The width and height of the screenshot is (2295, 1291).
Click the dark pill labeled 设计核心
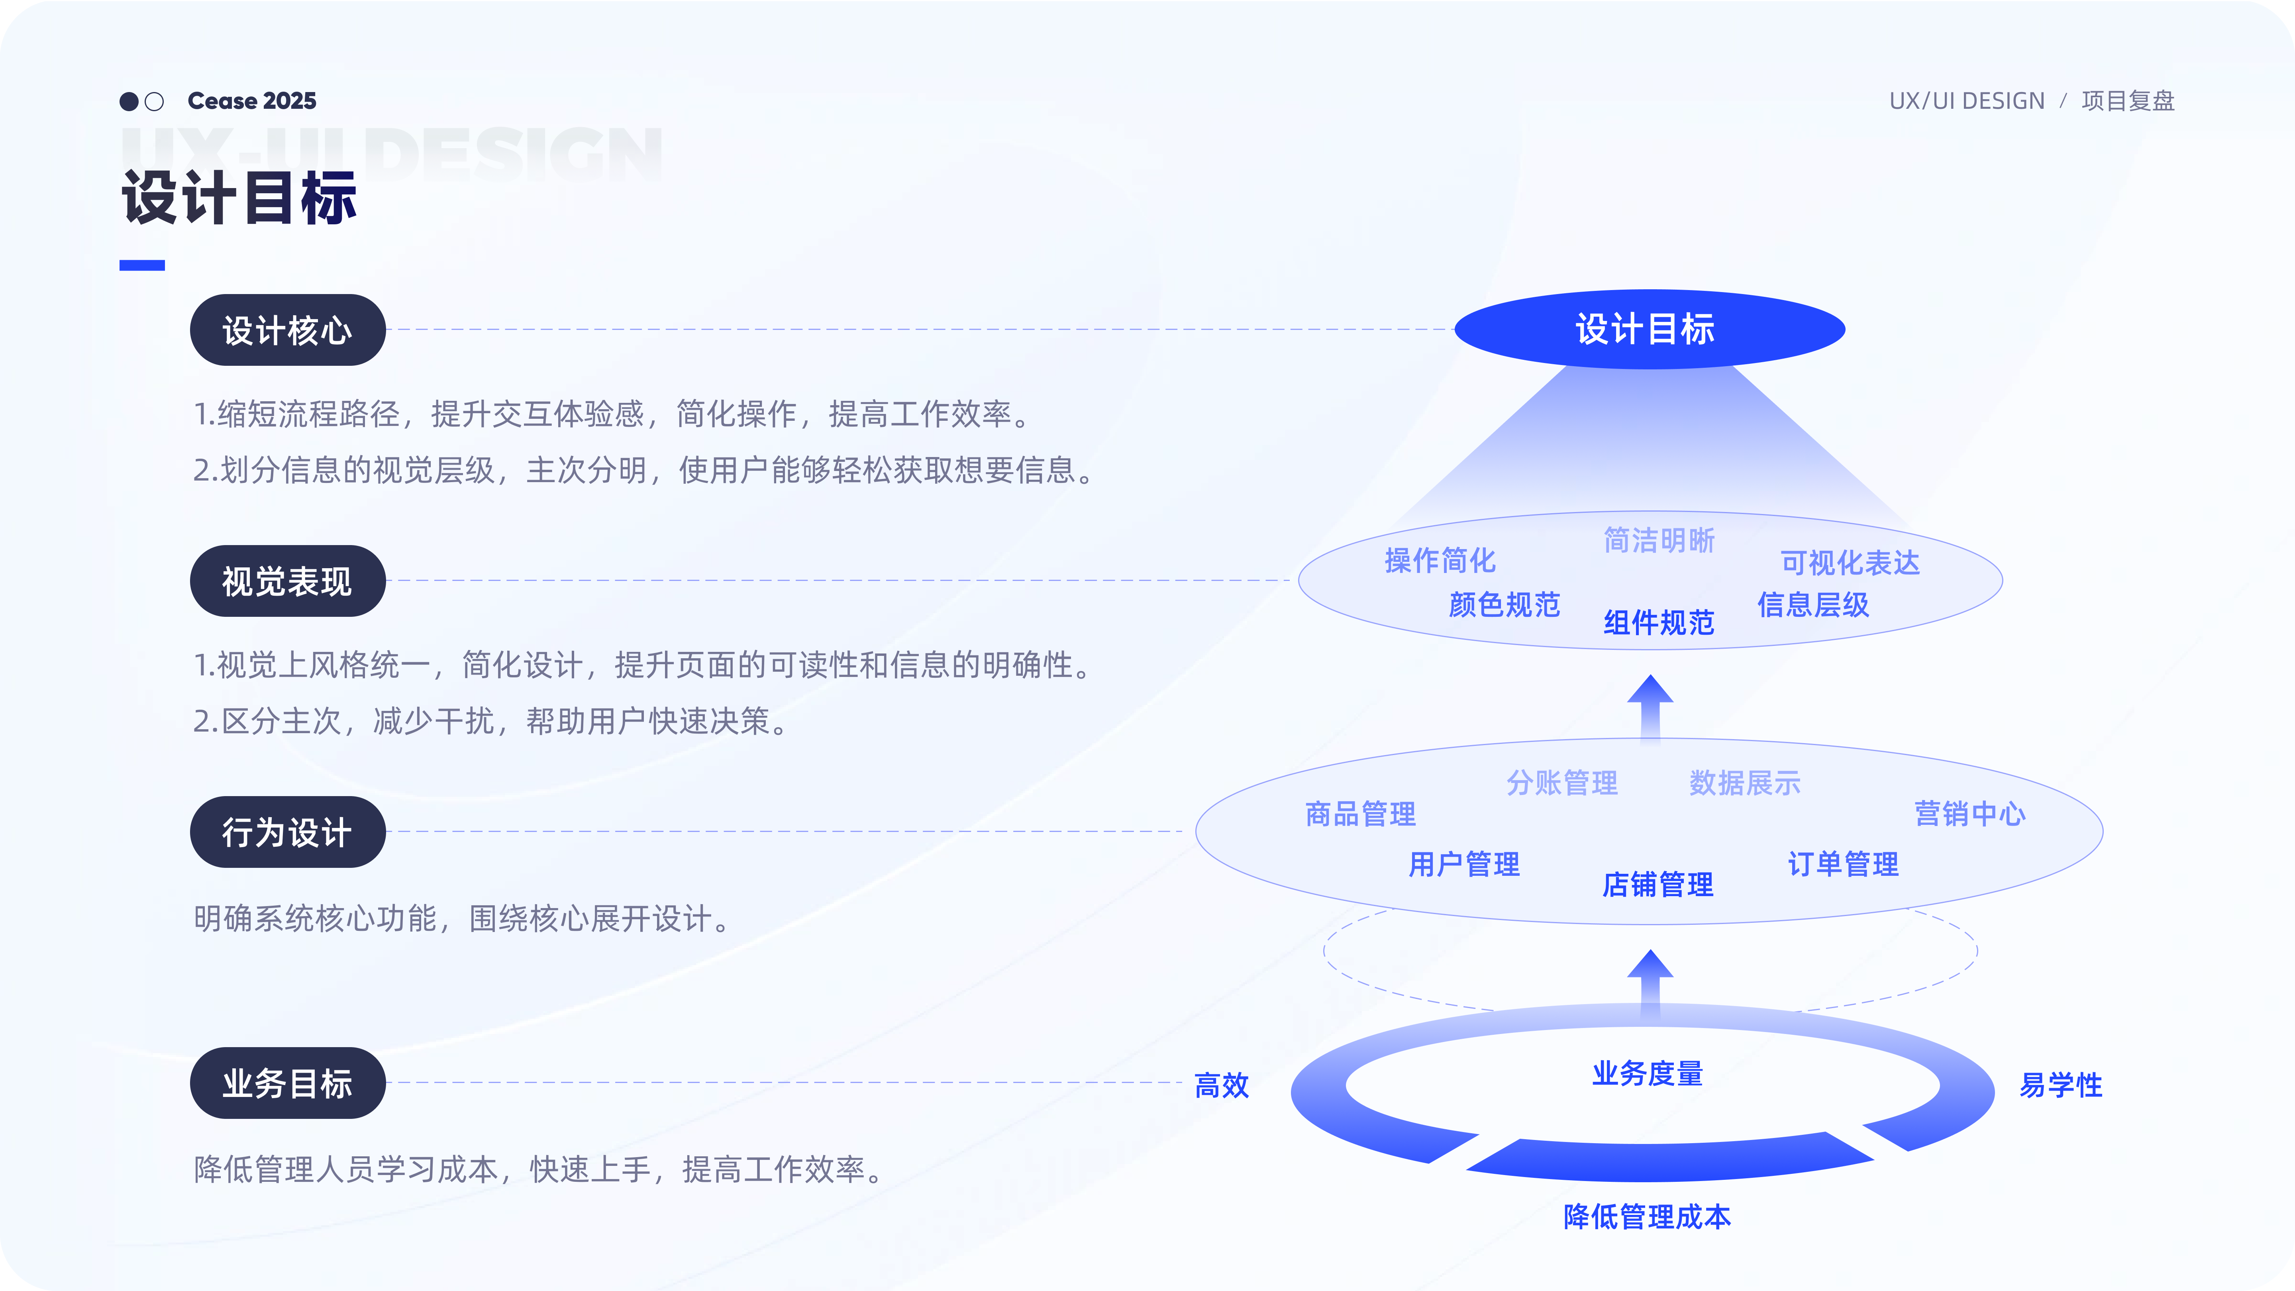pyautogui.click(x=287, y=330)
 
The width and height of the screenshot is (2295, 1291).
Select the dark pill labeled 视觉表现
pyautogui.click(x=287, y=581)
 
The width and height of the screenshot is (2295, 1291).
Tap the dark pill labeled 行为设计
pyautogui.click(x=287, y=832)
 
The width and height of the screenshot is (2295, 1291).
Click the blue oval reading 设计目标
pyautogui.click(x=1649, y=329)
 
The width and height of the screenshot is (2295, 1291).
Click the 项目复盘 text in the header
pyautogui.click(x=2128, y=101)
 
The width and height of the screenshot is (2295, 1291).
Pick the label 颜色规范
pyautogui.click(x=1504, y=605)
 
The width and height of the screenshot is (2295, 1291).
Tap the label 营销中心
pyautogui.click(x=1969, y=813)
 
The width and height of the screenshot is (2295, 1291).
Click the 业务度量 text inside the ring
pyautogui.click(x=1647, y=1073)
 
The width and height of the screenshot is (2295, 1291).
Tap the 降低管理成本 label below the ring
pyautogui.click(x=1647, y=1216)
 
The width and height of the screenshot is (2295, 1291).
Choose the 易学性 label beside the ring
pyautogui.click(x=2060, y=1085)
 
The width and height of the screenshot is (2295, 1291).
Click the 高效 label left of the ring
pyautogui.click(x=1222, y=1085)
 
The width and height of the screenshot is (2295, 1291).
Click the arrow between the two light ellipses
pyautogui.click(x=1650, y=706)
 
